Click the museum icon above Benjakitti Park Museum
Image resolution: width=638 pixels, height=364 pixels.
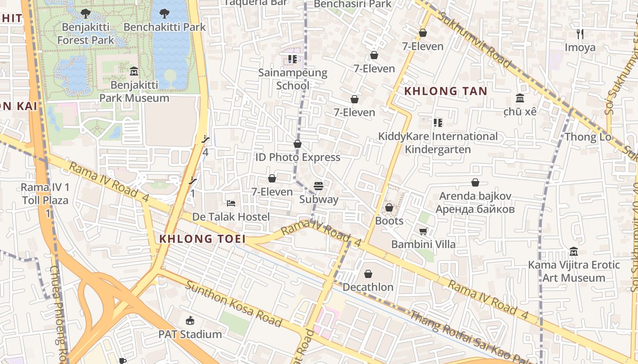[x=134, y=71]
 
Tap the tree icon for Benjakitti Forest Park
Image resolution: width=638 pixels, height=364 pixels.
[x=85, y=14]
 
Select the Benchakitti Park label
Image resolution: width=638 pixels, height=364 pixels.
[x=165, y=27]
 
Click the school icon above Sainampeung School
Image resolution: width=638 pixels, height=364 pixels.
[x=293, y=59]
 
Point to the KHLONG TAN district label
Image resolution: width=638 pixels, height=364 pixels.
[x=446, y=91]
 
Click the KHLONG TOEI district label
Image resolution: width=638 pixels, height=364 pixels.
[x=202, y=239]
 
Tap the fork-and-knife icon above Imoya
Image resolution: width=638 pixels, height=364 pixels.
[x=580, y=34]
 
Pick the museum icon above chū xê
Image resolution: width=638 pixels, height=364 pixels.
[x=520, y=98]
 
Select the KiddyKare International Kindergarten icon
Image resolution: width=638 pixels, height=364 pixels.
[x=438, y=122]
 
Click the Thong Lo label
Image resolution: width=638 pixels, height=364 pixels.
[x=587, y=137]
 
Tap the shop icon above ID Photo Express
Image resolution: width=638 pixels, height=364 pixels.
[x=298, y=144]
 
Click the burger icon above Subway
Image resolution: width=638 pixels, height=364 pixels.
[x=319, y=186]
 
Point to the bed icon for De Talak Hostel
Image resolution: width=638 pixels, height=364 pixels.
[x=231, y=203]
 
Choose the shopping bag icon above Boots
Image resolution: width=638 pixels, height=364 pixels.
[x=389, y=207]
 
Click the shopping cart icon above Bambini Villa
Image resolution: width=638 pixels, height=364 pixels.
[x=423, y=231]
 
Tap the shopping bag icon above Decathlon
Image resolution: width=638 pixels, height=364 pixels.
[x=368, y=274]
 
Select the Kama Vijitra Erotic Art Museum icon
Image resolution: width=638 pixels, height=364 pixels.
[x=573, y=251]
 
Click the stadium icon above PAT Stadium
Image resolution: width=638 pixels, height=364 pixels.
[x=190, y=321]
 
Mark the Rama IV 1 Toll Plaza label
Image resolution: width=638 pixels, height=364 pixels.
[x=45, y=194]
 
